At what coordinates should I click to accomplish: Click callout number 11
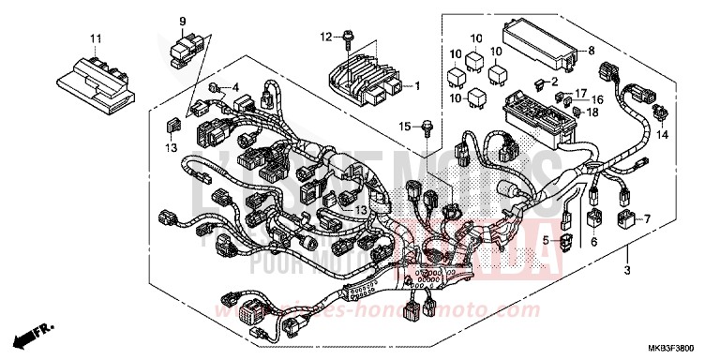point(94,37)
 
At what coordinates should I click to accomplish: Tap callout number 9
point(182,21)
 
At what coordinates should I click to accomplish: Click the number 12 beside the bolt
point(325,37)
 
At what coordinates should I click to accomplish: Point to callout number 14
point(662,135)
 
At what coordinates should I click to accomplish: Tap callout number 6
point(592,241)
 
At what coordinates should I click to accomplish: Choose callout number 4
point(236,87)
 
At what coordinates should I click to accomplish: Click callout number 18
point(592,112)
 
